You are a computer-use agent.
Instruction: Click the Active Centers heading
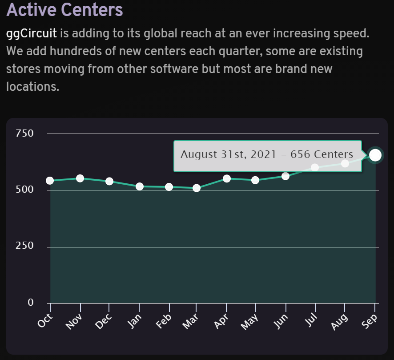click(64, 9)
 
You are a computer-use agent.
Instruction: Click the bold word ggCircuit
click(31, 34)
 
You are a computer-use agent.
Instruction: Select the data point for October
click(50, 181)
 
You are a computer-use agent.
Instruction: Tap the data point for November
click(80, 178)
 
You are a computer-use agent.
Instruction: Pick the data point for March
click(196, 188)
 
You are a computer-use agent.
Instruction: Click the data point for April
click(226, 179)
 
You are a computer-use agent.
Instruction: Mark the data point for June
click(285, 176)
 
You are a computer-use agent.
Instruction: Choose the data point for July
click(315, 167)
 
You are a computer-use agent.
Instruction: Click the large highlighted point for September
click(375, 155)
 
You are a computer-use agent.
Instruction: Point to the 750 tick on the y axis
click(24, 133)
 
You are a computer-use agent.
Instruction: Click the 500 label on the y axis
click(24, 190)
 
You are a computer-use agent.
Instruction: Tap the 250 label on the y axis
click(24, 246)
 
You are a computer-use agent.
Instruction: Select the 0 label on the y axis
click(31, 303)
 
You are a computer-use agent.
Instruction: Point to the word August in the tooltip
click(199, 154)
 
